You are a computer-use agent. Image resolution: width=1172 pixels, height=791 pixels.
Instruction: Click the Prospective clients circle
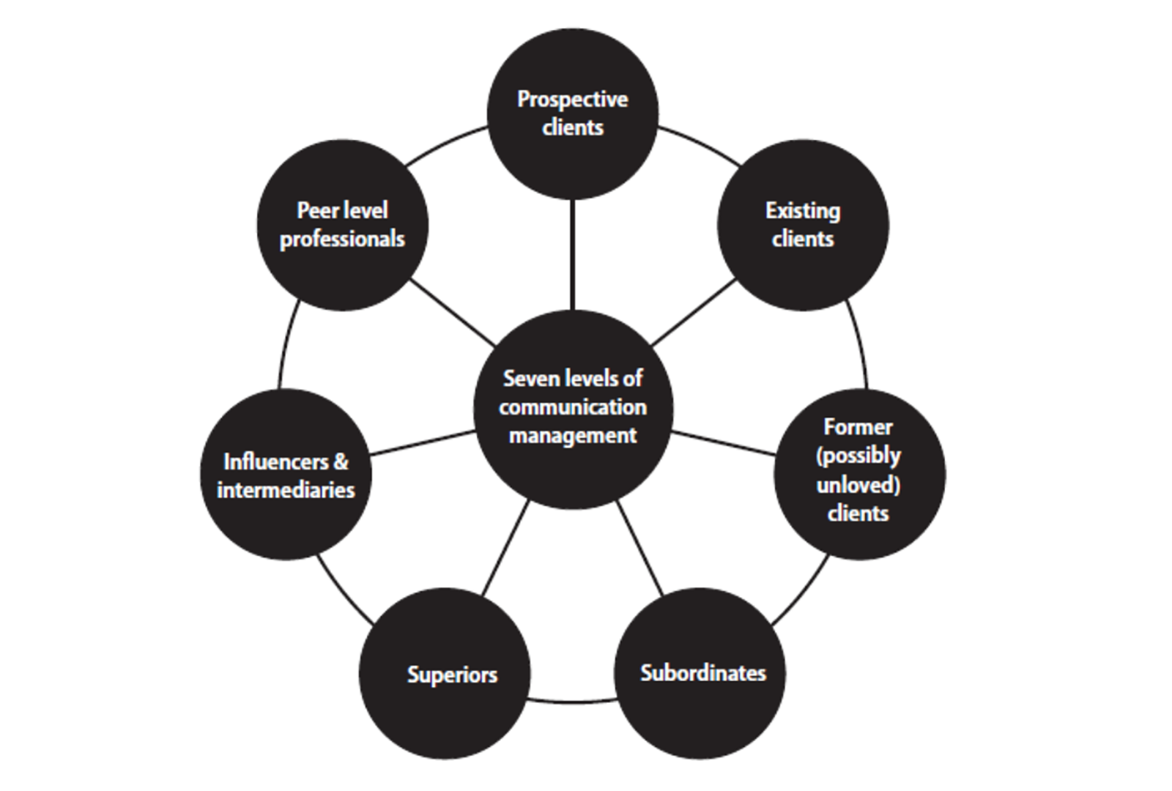(572, 114)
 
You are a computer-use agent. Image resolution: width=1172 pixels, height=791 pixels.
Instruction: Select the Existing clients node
(803, 225)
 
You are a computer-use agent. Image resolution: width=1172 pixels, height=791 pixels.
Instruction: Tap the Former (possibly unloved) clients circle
(858, 473)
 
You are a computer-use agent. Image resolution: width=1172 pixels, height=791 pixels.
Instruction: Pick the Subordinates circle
(701, 673)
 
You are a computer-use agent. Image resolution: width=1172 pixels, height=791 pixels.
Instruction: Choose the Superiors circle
(445, 674)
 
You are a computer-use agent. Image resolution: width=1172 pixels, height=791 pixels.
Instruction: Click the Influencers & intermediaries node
(286, 475)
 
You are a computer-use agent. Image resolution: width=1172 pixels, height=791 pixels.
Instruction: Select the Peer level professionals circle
(342, 225)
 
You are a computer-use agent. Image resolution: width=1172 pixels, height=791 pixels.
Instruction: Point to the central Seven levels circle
(572, 407)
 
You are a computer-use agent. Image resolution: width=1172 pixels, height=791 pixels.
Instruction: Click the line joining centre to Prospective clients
(572, 254)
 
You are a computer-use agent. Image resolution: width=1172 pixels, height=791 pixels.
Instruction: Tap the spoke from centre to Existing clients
(693, 313)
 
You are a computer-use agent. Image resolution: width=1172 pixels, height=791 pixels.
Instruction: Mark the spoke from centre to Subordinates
(639, 548)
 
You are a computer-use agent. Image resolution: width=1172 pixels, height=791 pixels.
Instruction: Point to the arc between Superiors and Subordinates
(573, 703)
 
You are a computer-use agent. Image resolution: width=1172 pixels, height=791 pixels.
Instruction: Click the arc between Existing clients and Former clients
(858, 344)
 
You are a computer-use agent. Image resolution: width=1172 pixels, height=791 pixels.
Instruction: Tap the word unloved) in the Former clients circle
(858, 485)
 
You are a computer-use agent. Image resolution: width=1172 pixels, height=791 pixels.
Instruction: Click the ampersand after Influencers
(341, 462)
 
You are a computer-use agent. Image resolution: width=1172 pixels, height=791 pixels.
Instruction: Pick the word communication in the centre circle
(572, 407)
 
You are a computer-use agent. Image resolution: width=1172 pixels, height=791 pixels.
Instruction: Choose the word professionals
(342, 239)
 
